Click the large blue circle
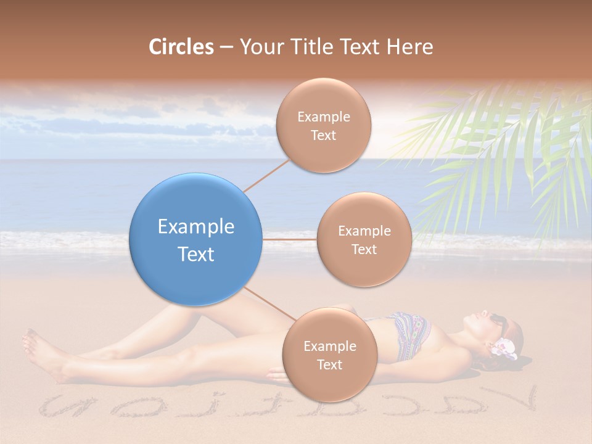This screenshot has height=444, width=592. (x=196, y=239)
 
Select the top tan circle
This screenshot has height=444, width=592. (x=323, y=125)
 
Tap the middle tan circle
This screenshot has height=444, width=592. (x=364, y=239)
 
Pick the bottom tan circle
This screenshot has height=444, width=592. (x=329, y=355)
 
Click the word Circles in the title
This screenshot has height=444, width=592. (x=181, y=47)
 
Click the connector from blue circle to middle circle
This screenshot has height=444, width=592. (x=290, y=239)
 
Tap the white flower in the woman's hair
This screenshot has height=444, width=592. (x=502, y=348)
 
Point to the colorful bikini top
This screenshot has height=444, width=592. (x=406, y=336)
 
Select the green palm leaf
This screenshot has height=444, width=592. (x=506, y=154)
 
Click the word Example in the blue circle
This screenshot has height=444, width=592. (x=196, y=227)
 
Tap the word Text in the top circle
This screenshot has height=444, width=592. (x=323, y=135)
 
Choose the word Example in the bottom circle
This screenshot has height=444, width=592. (x=329, y=346)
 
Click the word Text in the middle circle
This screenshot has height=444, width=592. (x=364, y=249)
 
